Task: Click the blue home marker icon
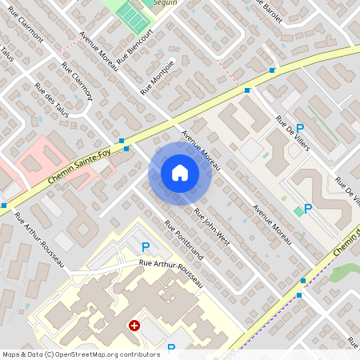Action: coord(180,173)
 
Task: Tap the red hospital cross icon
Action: coord(135,326)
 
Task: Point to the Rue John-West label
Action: coord(211,227)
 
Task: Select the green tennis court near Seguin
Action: coord(129,13)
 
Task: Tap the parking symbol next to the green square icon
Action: coord(308,209)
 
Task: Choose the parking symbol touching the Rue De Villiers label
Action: coord(300,128)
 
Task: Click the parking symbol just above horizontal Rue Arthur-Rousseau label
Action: coord(145,248)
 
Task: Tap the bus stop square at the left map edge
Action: coord(4,205)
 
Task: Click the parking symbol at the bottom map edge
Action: coord(171,348)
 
